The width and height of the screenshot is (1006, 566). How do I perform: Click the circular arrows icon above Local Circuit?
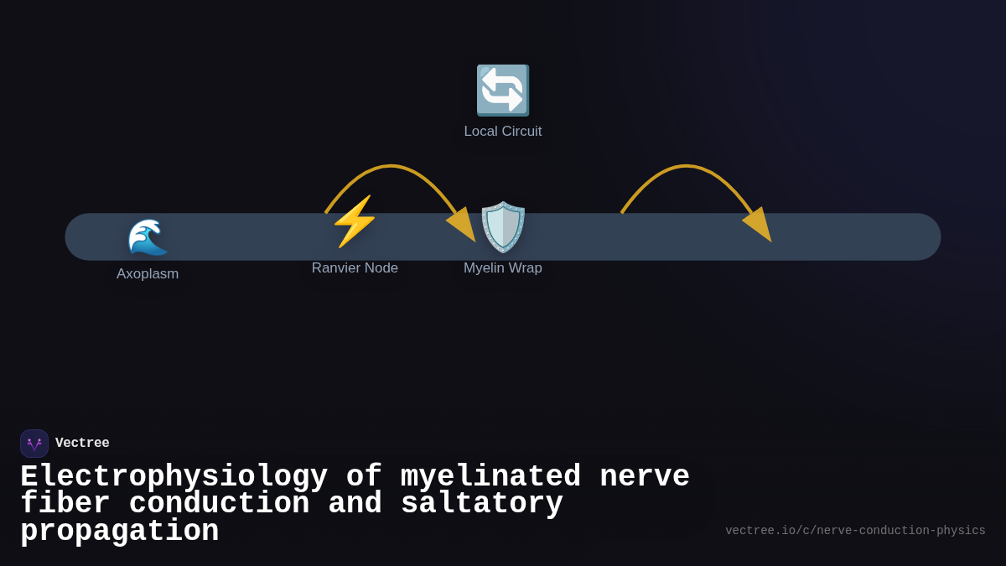[503, 90]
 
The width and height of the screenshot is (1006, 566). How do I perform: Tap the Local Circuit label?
[503, 132]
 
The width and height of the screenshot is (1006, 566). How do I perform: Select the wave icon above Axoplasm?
[148, 236]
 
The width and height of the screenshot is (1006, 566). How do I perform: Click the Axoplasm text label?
[148, 274]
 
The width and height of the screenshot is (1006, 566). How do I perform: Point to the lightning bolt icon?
[355, 221]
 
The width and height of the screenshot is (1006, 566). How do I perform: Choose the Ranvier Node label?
[355, 268]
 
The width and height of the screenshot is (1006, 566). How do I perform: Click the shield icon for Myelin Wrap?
[503, 226]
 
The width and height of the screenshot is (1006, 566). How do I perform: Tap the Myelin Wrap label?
[503, 268]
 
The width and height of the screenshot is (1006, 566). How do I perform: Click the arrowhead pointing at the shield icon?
[464, 225]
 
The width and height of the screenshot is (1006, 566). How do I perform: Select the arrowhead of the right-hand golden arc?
[759, 225]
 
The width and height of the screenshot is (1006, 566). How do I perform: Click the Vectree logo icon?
[34, 444]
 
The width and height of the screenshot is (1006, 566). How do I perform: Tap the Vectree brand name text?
[82, 444]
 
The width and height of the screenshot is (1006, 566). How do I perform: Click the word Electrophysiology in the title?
[174, 477]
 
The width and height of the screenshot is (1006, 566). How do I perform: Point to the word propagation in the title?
[119, 532]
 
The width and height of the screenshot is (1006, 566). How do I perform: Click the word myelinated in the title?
[490, 477]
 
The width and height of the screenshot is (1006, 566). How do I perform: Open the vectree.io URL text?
[855, 531]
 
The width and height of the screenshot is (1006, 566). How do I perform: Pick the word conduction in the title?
[219, 504]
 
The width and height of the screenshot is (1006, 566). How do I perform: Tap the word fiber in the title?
[65, 504]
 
